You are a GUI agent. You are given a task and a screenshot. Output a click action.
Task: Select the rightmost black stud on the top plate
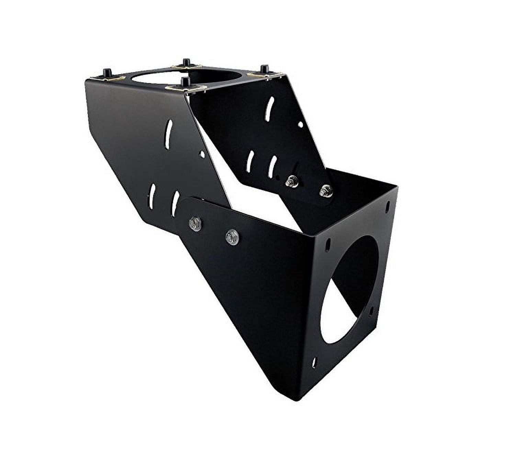pyautogui.click(x=264, y=69)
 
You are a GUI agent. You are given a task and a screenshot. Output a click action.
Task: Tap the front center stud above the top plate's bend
pyautogui.click(x=186, y=82)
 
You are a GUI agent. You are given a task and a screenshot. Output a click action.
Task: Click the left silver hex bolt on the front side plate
pyautogui.click(x=195, y=223)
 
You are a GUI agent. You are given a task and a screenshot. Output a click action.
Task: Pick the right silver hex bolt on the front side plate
pyautogui.click(x=232, y=237)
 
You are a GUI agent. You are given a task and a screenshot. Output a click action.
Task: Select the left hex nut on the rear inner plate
pyautogui.click(x=292, y=180)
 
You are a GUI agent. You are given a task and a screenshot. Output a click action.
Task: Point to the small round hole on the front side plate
pyautogui.click(x=202, y=155)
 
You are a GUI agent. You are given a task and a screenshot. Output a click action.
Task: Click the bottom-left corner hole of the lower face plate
pyautogui.click(x=315, y=362)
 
